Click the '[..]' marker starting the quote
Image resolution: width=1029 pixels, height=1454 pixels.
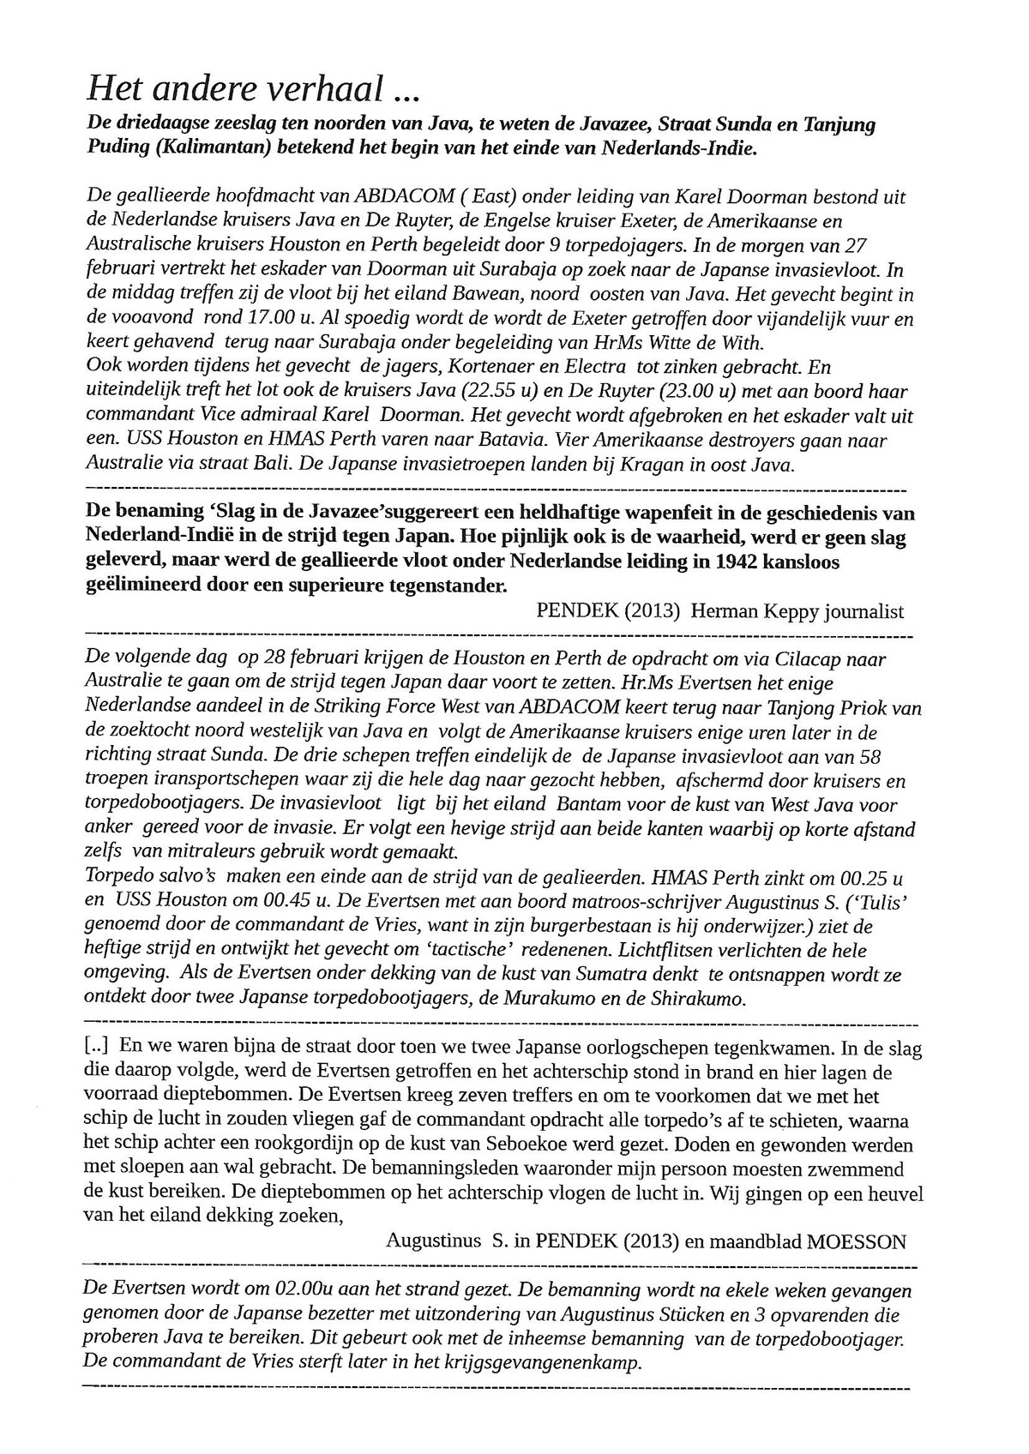pyautogui.click(x=99, y=1047)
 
